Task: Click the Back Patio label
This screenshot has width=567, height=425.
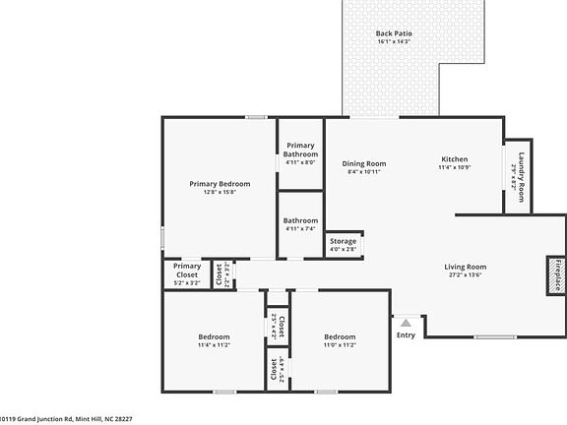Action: pyautogui.click(x=394, y=33)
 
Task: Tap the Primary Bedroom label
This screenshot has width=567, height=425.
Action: pyautogui.click(x=220, y=184)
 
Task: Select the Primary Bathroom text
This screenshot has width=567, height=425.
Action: pyautogui.click(x=300, y=150)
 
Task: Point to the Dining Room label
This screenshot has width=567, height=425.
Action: pyautogui.click(x=363, y=163)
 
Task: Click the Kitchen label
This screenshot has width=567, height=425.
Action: pyautogui.click(x=454, y=159)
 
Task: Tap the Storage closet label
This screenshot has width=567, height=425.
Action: pyautogui.click(x=343, y=241)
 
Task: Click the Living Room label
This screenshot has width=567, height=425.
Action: pyautogui.click(x=466, y=267)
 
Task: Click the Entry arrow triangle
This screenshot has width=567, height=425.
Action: pyautogui.click(x=405, y=321)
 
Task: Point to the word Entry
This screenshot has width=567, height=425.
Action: pyautogui.click(x=406, y=334)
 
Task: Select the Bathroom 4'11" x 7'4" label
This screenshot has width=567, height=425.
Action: pyautogui.click(x=300, y=221)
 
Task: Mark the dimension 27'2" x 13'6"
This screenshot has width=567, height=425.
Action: pyautogui.click(x=466, y=275)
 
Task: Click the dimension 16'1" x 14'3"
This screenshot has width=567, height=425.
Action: pyautogui.click(x=394, y=42)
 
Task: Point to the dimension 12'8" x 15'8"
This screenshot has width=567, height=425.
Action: pyautogui.click(x=220, y=192)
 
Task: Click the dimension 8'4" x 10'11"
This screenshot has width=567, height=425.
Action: pyautogui.click(x=363, y=172)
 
